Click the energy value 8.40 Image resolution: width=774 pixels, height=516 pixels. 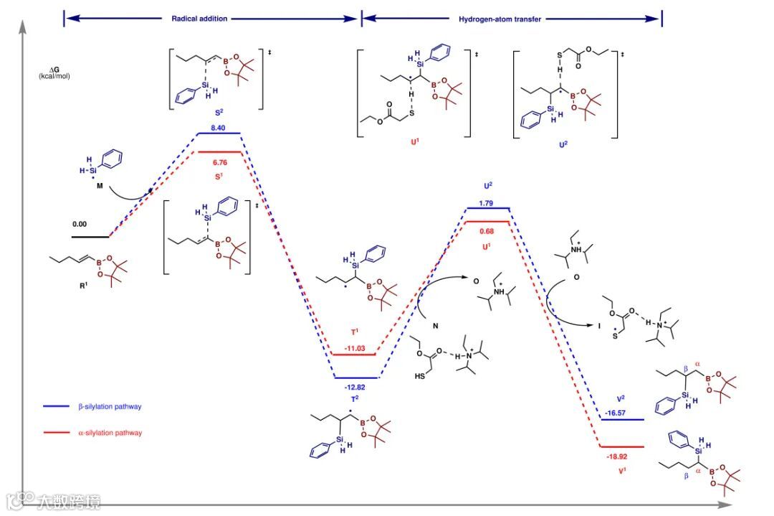pyautogui.click(x=218, y=127)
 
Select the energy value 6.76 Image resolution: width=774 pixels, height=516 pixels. pyautogui.click(x=218, y=162)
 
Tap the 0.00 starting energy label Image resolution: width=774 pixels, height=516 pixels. pyautogui.click(x=80, y=224)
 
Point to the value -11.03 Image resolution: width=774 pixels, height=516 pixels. pyautogui.click(x=355, y=348)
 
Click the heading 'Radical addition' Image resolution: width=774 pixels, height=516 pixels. pyautogui.click(x=199, y=19)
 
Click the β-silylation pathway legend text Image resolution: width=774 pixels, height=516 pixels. pyautogui.click(x=109, y=407)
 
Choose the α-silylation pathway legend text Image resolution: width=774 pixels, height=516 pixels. pyautogui.click(x=109, y=433)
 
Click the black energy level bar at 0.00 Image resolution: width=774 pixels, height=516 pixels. pyautogui.click(x=90, y=236)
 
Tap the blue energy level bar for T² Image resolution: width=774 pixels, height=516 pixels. pyautogui.click(x=355, y=377)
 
